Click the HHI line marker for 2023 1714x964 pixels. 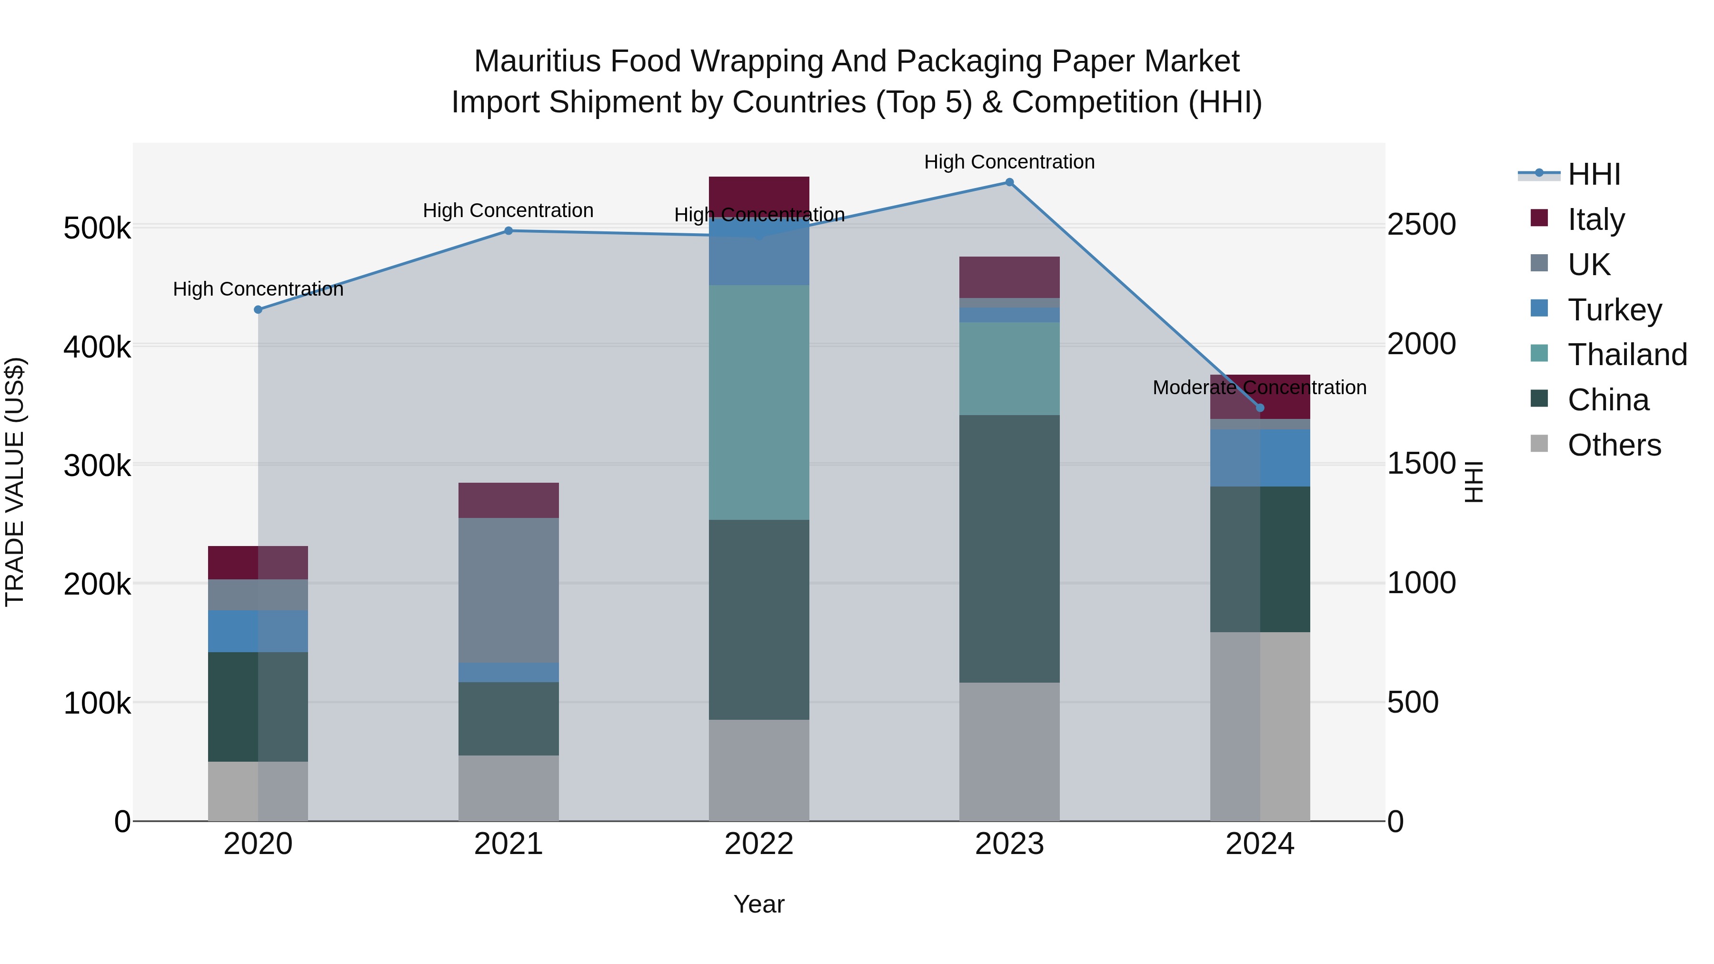coord(1009,182)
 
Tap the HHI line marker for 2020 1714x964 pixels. coord(258,309)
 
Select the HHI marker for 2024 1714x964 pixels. coord(1259,408)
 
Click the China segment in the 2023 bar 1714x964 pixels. coord(1009,549)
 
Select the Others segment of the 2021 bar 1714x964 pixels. coord(508,788)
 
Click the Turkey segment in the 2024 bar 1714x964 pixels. coord(1259,457)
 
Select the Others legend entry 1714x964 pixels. coord(1614,445)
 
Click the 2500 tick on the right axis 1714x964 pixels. coord(1421,225)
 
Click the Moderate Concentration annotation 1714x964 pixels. coord(1259,387)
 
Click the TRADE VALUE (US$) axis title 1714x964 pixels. coord(15,482)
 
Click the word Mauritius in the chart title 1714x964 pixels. coord(537,61)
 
